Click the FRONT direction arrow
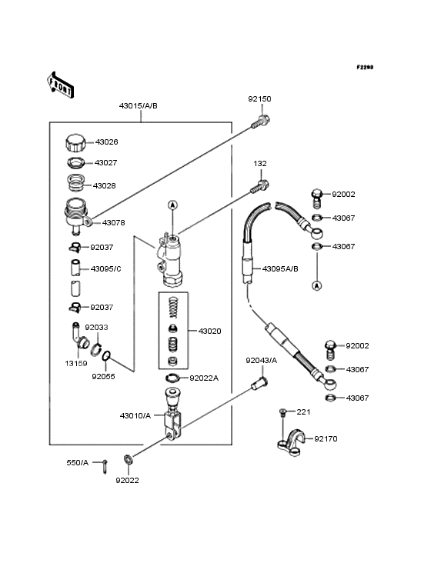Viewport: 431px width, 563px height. pyautogui.click(x=60, y=85)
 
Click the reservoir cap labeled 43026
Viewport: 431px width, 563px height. pyautogui.click(x=75, y=144)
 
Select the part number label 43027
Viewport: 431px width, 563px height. pyautogui.click(x=106, y=162)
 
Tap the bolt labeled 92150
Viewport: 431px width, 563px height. pyautogui.click(x=261, y=122)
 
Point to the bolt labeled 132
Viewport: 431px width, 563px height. pyautogui.click(x=259, y=187)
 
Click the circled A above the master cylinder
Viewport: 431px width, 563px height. pyautogui.click(x=172, y=205)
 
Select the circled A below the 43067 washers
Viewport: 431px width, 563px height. pyautogui.click(x=317, y=286)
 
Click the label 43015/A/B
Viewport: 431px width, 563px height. pyautogui.click(x=139, y=106)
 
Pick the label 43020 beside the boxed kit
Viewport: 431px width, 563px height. pyautogui.click(x=210, y=331)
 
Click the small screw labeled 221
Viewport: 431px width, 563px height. pyautogui.click(x=282, y=412)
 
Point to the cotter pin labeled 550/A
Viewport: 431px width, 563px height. pyautogui.click(x=105, y=466)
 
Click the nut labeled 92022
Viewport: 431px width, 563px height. pyautogui.click(x=128, y=459)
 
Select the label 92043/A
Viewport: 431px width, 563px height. pyautogui.click(x=262, y=361)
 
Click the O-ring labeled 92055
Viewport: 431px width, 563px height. pyautogui.click(x=106, y=356)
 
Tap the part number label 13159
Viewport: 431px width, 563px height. pyautogui.click(x=76, y=363)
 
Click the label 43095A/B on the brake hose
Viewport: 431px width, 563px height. pyautogui.click(x=280, y=268)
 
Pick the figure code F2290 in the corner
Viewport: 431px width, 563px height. pyautogui.click(x=365, y=67)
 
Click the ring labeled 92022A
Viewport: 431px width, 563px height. pyautogui.click(x=172, y=378)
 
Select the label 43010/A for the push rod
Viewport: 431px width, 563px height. pyautogui.click(x=135, y=415)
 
